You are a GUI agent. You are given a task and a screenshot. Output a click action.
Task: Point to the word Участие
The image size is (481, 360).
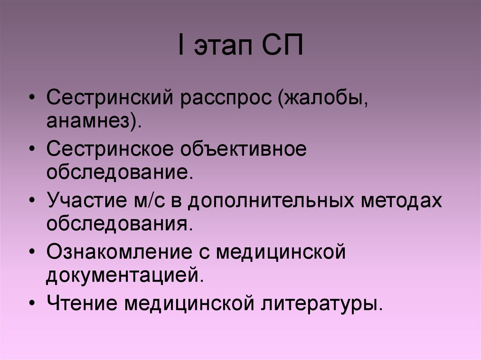85,201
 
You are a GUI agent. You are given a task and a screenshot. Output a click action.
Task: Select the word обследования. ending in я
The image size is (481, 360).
119,223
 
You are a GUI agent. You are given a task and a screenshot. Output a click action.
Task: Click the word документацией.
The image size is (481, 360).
125,274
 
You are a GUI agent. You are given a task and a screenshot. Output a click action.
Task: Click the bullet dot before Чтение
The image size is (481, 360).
31,303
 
